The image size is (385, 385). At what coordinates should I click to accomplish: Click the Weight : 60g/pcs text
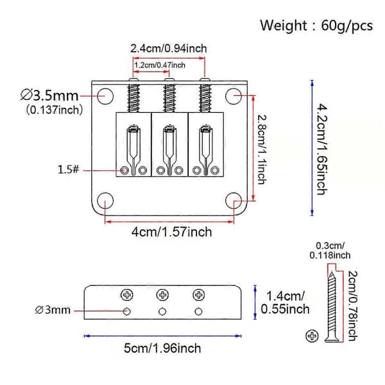(x=316, y=26)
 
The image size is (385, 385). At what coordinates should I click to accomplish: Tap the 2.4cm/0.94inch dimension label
(x=168, y=48)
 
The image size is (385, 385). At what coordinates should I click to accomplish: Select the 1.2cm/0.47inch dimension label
(x=160, y=65)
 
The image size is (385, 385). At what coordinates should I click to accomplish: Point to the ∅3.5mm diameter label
(x=49, y=95)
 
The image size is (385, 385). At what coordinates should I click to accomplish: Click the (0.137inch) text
(x=55, y=110)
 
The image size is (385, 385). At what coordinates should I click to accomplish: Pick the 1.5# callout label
(x=69, y=169)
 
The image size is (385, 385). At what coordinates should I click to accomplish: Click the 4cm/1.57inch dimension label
(x=171, y=232)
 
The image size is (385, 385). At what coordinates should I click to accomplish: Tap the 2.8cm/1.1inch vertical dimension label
(x=262, y=150)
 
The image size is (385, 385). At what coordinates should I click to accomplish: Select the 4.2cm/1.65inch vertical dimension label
(x=322, y=150)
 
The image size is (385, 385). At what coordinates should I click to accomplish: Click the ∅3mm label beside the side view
(x=53, y=310)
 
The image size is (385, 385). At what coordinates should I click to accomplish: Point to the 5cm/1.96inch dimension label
(x=162, y=348)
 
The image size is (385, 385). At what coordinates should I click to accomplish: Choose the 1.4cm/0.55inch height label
(x=285, y=302)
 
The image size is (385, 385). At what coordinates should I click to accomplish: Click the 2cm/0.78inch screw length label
(x=352, y=306)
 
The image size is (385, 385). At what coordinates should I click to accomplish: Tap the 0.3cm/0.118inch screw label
(x=330, y=250)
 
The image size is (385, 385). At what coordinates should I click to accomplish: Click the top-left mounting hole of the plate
(x=105, y=96)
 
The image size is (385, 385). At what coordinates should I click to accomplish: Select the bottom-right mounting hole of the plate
(x=234, y=201)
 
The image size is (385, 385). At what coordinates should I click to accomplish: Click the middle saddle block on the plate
(x=169, y=144)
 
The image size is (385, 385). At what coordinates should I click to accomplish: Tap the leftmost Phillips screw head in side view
(x=127, y=295)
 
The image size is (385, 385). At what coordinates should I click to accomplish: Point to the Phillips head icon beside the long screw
(x=312, y=336)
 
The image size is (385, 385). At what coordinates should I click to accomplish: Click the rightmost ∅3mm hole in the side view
(x=198, y=312)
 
